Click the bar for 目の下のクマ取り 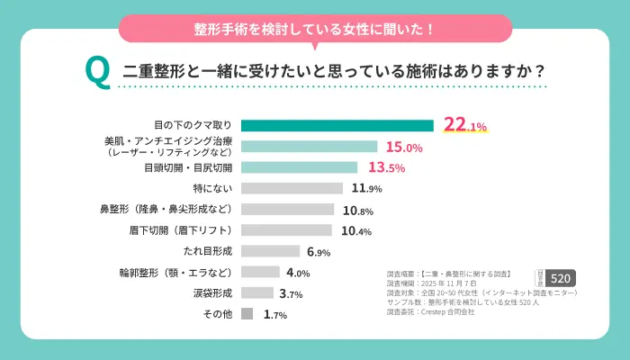point(337,126)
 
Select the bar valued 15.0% point(309,147)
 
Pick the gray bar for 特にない point(292,188)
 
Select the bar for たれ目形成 point(270,251)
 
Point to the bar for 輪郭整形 point(260,272)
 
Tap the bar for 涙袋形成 point(257,292)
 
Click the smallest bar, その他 point(247,314)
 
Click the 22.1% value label point(464,126)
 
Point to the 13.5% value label point(386,167)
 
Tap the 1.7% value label point(274,314)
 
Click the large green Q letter point(96,72)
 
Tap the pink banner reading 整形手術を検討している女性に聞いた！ point(315,29)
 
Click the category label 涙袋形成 point(213,293)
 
